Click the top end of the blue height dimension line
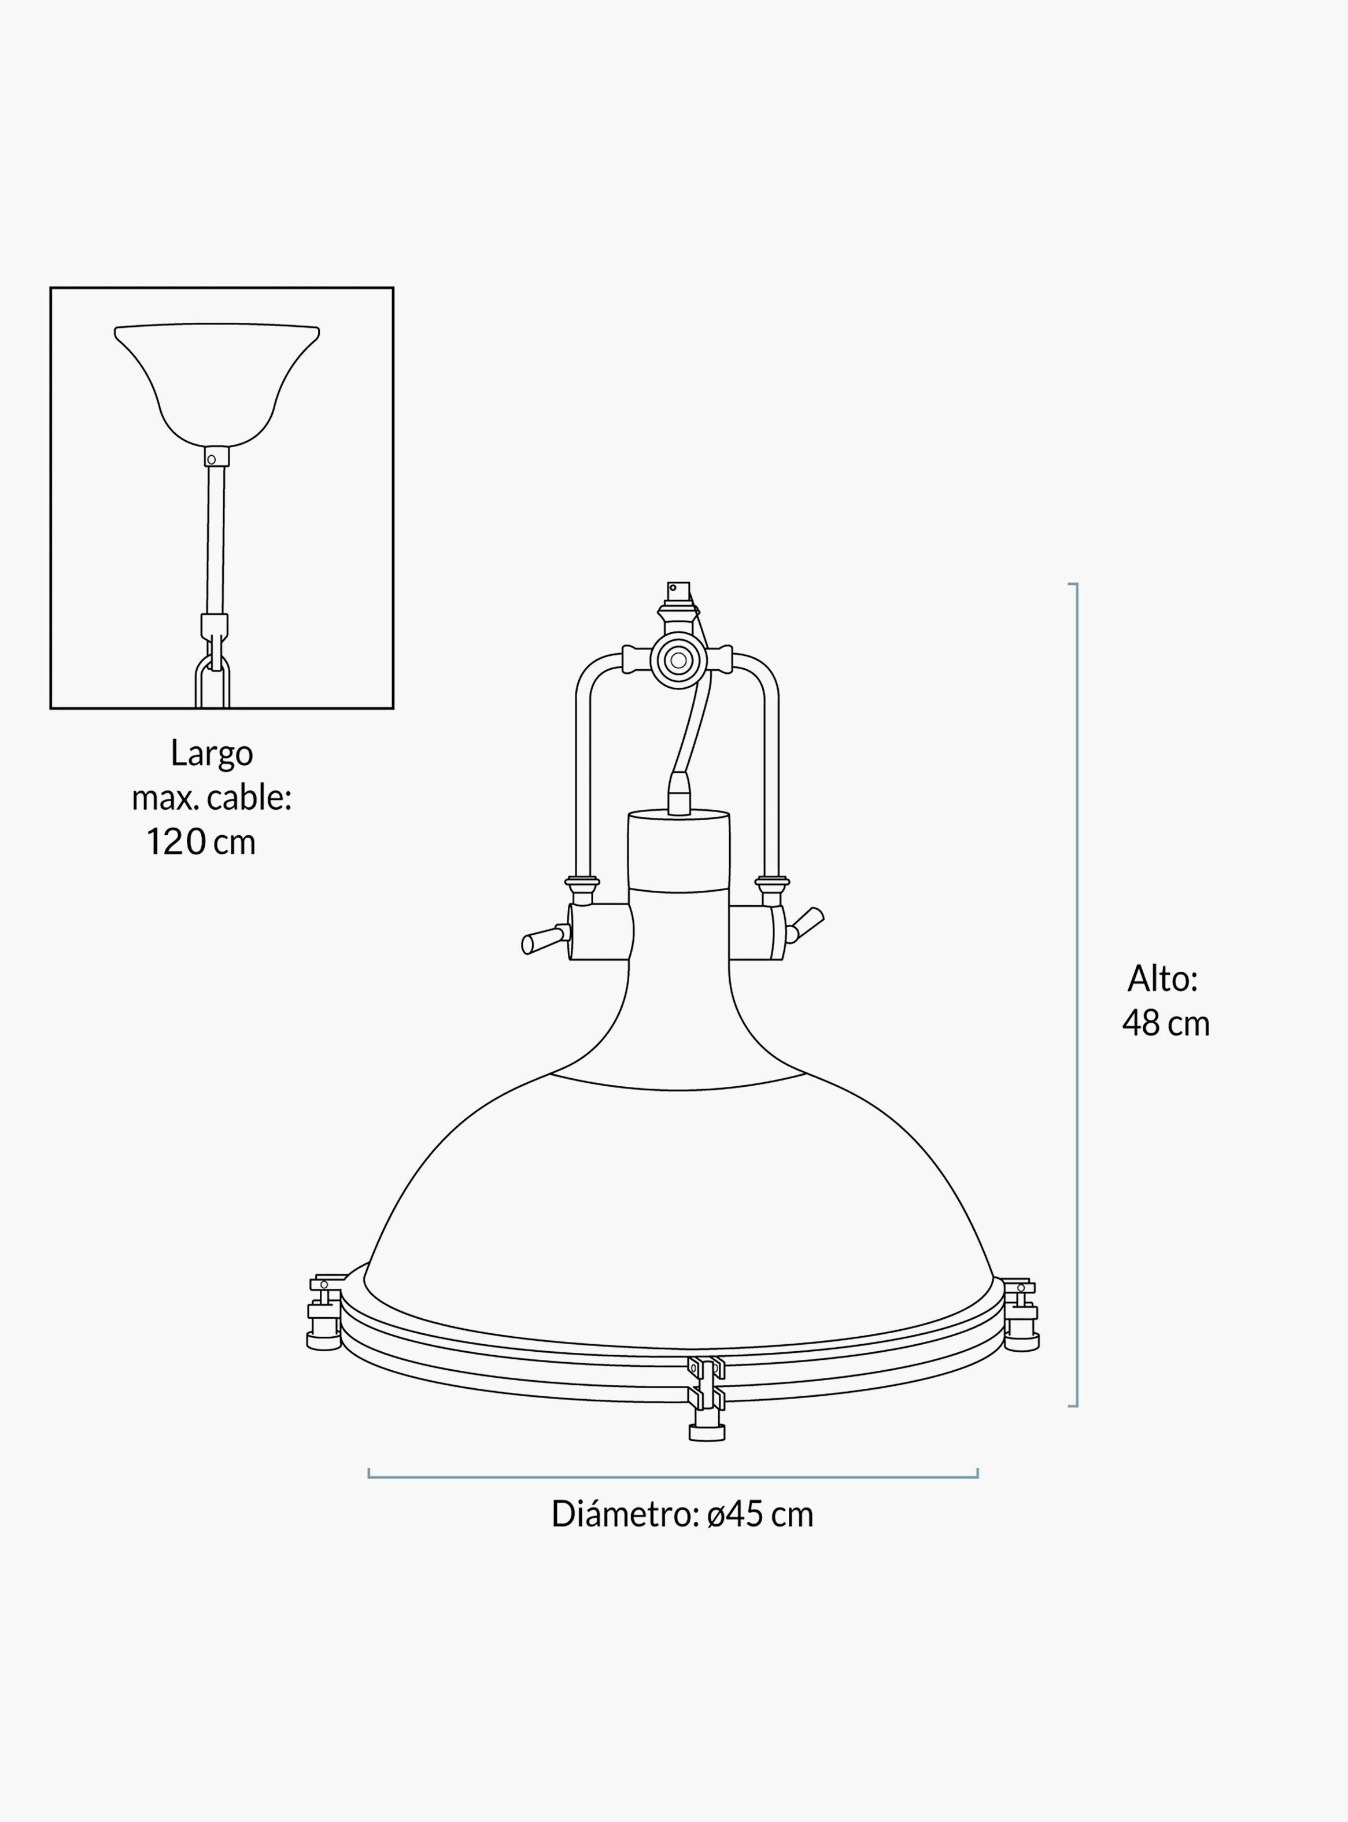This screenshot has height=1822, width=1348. tap(1077, 584)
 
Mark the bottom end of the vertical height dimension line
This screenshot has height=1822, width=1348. tap(1077, 1406)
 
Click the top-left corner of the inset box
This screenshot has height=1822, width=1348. tap(50, 287)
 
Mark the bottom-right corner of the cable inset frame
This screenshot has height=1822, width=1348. tap(393, 708)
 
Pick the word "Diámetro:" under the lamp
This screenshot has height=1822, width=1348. tap(623, 1514)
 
